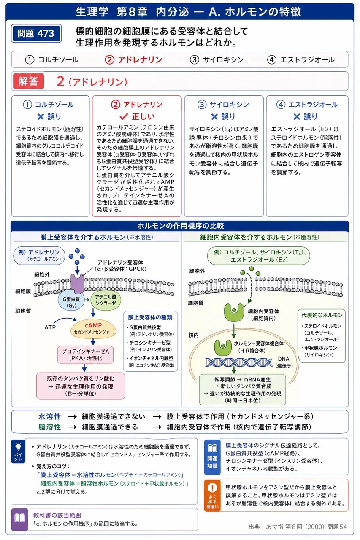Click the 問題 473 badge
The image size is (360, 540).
click(x=36, y=33)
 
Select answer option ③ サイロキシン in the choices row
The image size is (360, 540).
click(x=217, y=59)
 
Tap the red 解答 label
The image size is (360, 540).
click(x=28, y=81)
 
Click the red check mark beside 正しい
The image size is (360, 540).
click(x=124, y=117)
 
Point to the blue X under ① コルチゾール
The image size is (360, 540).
click(x=41, y=117)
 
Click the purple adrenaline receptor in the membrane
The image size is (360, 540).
click(x=77, y=283)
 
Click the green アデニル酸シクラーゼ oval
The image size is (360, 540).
click(x=106, y=300)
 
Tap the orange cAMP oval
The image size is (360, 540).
click(x=93, y=328)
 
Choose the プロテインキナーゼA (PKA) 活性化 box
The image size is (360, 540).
click(x=85, y=355)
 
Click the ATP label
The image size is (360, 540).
click(x=50, y=327)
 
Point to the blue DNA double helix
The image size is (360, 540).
click(x=239, y=362)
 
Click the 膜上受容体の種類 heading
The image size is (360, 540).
click(x=150, y=317)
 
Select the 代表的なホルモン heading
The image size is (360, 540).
click(x=322, y=315)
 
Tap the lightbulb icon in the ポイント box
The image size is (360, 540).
click(x=18, y=447)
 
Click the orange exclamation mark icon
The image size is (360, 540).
click(x=212, y=488)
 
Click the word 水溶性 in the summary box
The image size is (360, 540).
click(x=50, y=416)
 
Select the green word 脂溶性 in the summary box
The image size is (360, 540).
click(x=50, y=427)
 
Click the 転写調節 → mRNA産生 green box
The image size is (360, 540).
click(x=242, y=389)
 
